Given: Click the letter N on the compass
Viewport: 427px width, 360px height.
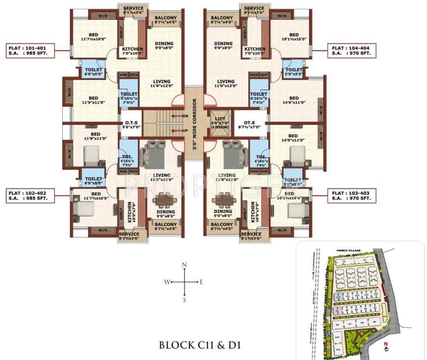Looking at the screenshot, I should (184, 265).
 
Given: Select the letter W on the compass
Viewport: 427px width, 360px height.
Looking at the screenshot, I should (166, 282).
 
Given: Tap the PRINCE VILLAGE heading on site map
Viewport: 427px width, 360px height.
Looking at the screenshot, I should (348, 251).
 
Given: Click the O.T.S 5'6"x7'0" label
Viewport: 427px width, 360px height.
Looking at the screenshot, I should (130, 124).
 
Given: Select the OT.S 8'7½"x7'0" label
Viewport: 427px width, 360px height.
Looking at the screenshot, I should (249, 124).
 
